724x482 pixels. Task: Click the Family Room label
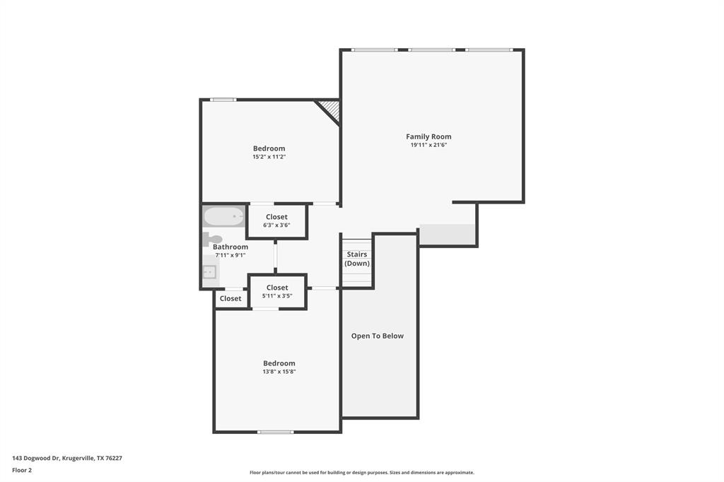point(428,136)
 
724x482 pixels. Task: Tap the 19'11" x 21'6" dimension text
point(428,145)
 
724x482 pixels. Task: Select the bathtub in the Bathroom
point(223,216)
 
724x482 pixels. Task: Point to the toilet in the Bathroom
point(212,240)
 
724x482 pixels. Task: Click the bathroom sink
point(209,271)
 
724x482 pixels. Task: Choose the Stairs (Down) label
point(357,259)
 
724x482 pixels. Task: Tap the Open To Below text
point(378,336)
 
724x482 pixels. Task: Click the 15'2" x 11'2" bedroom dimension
point(269,157)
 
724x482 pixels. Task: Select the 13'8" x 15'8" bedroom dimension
point(279,371)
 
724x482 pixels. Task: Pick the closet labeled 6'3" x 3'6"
point(276,221)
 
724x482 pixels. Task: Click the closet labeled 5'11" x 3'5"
point(277,291)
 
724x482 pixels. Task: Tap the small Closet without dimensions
point(230,299)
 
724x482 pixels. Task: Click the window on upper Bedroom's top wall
point(223,100)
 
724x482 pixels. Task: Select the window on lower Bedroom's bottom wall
point(275,432)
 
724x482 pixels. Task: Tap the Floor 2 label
point(22,470)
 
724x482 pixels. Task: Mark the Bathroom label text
point(230,247)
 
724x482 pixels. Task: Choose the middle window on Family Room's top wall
point(431,49)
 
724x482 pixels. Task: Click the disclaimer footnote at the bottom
point(361,472)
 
